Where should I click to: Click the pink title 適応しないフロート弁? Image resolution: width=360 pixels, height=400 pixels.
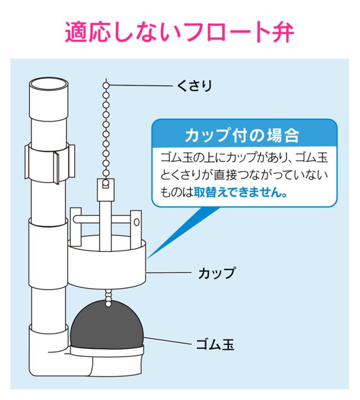[179, 33]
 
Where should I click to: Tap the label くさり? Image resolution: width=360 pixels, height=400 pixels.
[195, 86]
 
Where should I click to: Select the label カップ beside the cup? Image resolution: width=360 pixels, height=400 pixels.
[217, 273]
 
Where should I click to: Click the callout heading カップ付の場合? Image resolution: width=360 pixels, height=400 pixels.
[242, 135]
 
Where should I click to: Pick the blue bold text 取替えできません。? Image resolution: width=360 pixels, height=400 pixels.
[241, 192]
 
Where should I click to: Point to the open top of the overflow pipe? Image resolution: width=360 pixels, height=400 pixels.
[48, 84]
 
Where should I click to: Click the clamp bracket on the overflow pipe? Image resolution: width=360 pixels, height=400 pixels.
[50, 163]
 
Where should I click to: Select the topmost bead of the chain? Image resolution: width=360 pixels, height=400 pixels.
[107, 85]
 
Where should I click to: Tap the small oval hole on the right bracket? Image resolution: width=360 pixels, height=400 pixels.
[137, 222]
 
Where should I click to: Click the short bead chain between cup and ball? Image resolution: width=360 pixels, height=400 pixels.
[109, 297]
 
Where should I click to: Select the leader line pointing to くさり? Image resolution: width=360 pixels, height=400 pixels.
[141, 86]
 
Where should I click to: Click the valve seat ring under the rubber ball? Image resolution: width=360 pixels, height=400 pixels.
[107, 350]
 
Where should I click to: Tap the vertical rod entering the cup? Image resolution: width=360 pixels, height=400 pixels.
[105, 226]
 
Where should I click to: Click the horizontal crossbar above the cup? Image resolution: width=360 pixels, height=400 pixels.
[102, 219]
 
